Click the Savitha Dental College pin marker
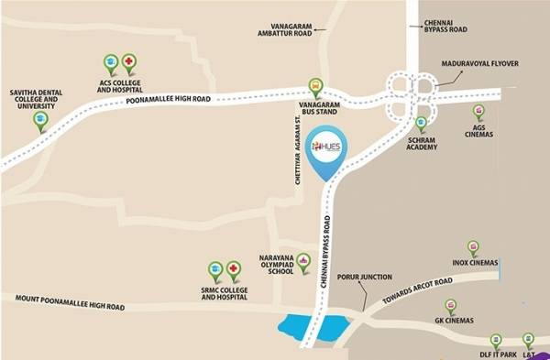[39, 120]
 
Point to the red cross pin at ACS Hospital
[129, 63]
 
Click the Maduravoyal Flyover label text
[480, 63]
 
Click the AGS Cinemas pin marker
[478, 107]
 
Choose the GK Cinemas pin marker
[450, 306]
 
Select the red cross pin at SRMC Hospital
[234, 269]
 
